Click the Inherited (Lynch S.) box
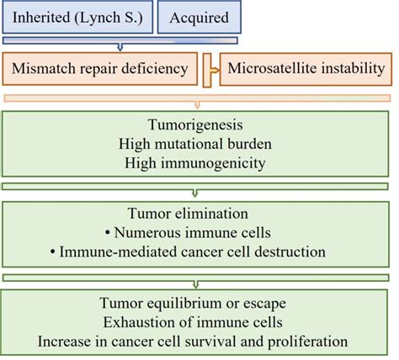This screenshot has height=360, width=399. [77, 18]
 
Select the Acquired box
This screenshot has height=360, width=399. [198, 18]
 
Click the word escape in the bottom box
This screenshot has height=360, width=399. [271, 302]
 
